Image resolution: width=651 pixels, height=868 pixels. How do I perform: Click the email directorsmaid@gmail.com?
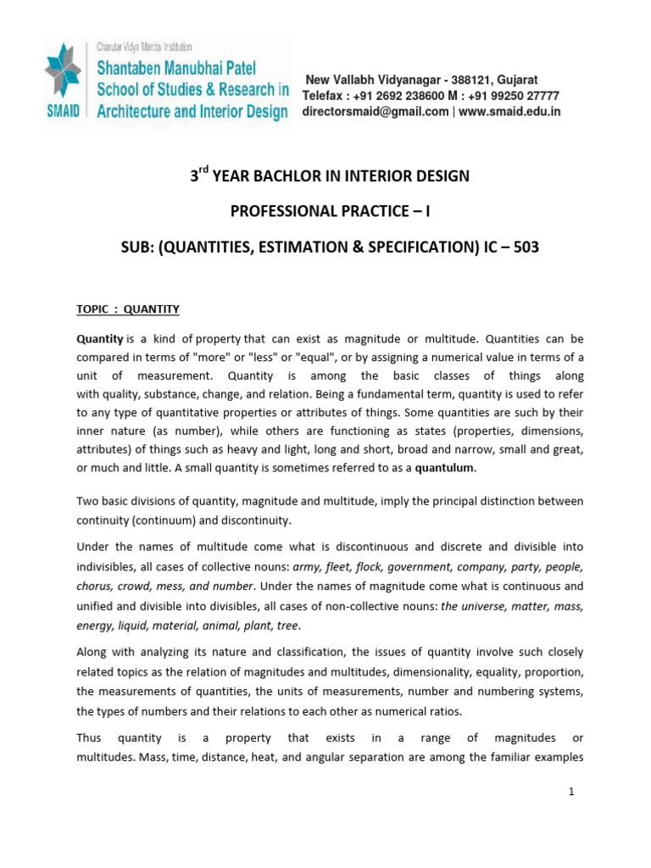[376, 111]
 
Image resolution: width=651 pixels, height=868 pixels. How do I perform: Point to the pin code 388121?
[459, 79]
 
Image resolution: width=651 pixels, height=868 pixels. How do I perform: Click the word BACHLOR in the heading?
[285, 176]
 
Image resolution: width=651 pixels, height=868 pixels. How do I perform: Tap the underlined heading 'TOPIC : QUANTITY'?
[128, 309]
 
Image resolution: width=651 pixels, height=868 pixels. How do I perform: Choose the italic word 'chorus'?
[94, 586]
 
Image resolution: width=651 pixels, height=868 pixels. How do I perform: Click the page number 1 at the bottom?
[571, 792]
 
